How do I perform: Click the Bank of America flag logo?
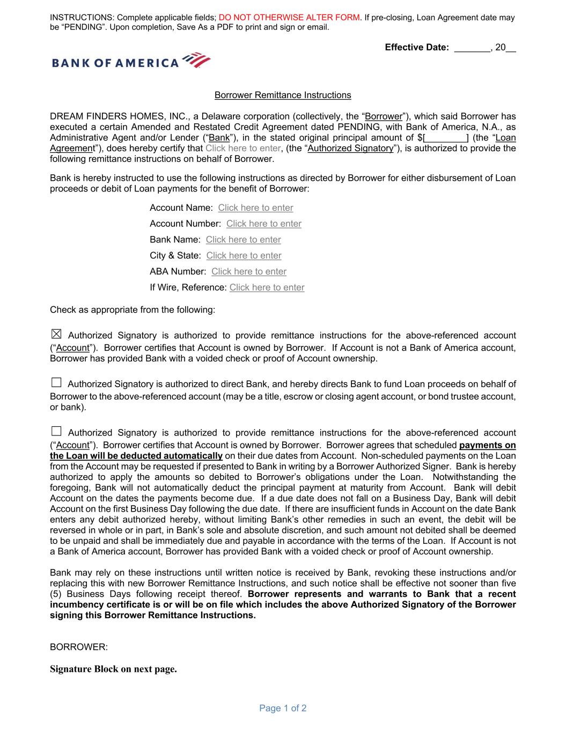tap(196, 60)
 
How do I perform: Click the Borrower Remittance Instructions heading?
tap(283, 95)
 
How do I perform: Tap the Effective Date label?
tap(416, 47)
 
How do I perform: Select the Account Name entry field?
tap(255, 208)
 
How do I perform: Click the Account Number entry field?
tap(263, 224)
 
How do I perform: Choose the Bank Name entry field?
tap(243, 240)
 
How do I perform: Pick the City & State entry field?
tap(244, 255)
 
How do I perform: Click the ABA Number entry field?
tap(248, 271)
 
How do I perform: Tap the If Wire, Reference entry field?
tap(267, 287)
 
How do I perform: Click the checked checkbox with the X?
tap(56, 334)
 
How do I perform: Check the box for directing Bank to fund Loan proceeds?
tap(56, 383)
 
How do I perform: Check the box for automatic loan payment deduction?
tap(56, 431)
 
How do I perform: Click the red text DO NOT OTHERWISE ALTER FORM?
tap(289, 17)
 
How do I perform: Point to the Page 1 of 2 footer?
tap(283, 708)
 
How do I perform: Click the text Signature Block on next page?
tap(113, 669)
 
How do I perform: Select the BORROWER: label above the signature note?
tap(79, 647)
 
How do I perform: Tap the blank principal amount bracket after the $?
tap(445, 138)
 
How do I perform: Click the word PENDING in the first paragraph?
tap(359, 127)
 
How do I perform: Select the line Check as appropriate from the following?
tap(133, 309)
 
